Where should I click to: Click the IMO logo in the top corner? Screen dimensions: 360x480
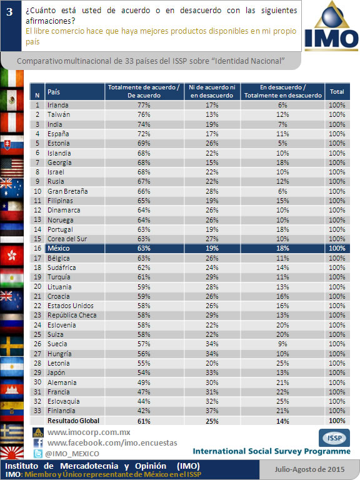point(331,26)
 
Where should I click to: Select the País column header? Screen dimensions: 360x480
point(54,92)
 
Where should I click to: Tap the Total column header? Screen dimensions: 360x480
point(337,91)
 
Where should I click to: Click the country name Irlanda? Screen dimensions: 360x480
point(58,105)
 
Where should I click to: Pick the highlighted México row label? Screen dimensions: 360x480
point(59,248)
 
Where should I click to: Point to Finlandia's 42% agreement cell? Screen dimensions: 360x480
point(144,411)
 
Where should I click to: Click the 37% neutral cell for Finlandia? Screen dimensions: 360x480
point(212,411)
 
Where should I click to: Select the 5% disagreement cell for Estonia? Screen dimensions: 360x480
point(282,143)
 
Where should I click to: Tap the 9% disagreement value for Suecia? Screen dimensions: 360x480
point(282,344)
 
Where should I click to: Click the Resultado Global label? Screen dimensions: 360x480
point(74,421)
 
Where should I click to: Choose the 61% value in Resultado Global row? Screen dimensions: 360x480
point(144,421)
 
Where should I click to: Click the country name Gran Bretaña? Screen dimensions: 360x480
point(67,191)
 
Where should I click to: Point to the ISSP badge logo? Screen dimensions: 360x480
point(334,437)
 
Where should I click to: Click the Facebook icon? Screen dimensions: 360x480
point(38,443)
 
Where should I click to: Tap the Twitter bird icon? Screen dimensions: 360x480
point(38,453)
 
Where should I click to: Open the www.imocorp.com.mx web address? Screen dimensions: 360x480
point(89,432)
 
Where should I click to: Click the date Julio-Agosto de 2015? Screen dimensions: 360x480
point(309,469)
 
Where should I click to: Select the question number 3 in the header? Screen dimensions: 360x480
point(10,12)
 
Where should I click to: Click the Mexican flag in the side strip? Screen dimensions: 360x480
point(12,100)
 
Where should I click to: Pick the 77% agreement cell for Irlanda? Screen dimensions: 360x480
point(144,105)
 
